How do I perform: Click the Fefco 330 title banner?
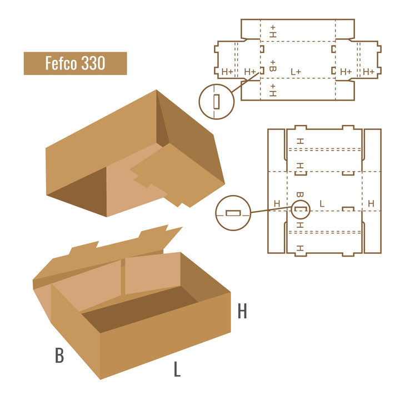75,63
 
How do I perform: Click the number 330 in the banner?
93,63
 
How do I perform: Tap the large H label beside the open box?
242,311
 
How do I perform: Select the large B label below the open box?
59,355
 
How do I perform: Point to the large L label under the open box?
177,369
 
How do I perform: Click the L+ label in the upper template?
296,72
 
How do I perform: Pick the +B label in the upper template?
273,66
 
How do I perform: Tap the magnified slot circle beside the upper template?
216,102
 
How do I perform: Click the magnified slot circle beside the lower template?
233,213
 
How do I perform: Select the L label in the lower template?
322,203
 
